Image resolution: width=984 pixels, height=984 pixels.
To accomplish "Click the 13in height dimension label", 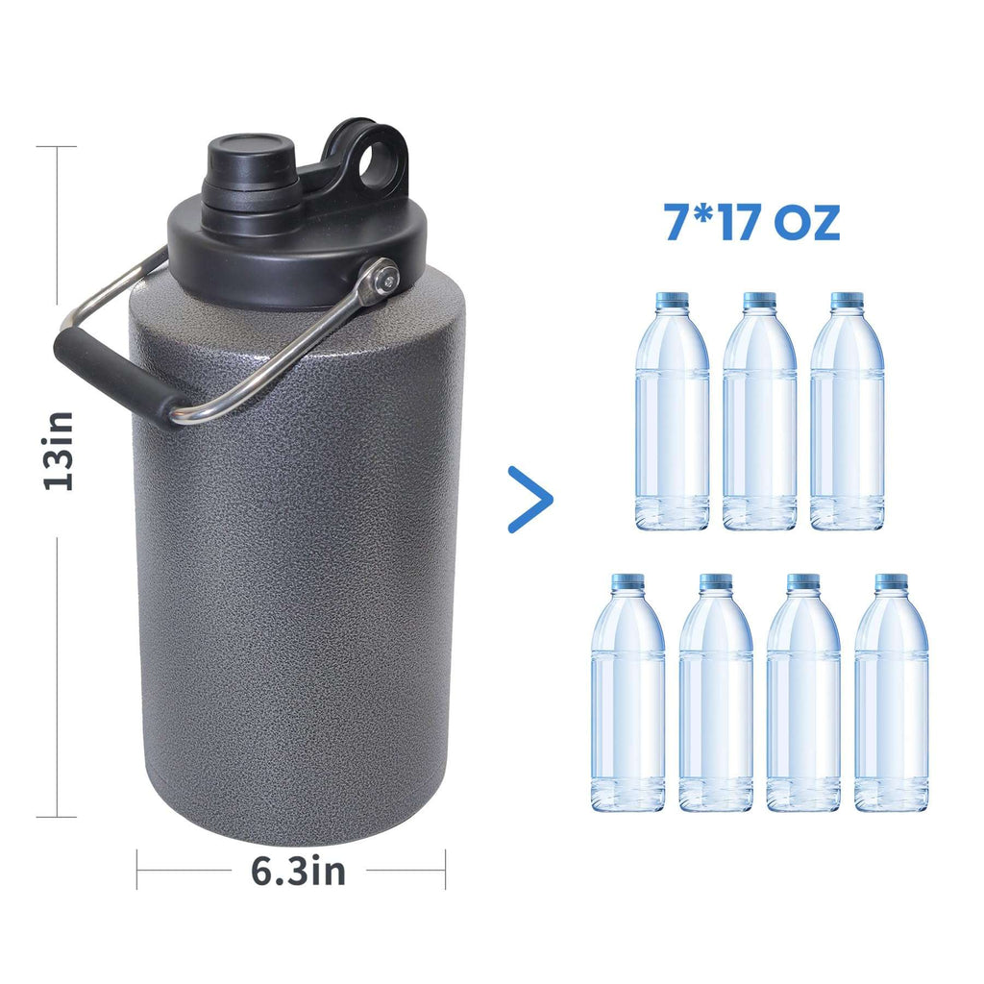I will pyautogui.click(x=60, y=450).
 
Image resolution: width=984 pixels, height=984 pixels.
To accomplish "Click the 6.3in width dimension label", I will pyautogui.click(x=298, y=872).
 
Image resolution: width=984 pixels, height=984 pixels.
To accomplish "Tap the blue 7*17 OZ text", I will pyautogui.click(x=752, y=222).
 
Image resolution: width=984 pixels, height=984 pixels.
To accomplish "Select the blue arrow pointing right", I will pyautogui.click(x=530, y=499).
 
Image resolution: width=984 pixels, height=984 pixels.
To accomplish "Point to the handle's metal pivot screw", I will pyautogui.click(x=385, y=280).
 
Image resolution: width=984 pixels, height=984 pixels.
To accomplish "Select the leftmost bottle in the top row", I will pyautogui.click(x=672, y=413).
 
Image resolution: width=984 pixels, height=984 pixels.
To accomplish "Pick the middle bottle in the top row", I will pyautogui.click(x=759, y=413).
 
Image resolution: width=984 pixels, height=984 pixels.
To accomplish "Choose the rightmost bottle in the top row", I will pyautogui.click(x=847, y=413).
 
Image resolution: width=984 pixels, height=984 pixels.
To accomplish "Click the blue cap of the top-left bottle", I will pyautogui.click(x=672, y=300).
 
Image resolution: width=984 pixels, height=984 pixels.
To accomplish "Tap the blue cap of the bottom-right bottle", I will pyautogui.click(x=891, y=581).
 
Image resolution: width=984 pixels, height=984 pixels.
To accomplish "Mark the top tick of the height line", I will pyautogui.click(x=58, y=146).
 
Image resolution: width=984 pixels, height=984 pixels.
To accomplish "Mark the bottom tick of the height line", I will pyautogui.click(x=58, y=817).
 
